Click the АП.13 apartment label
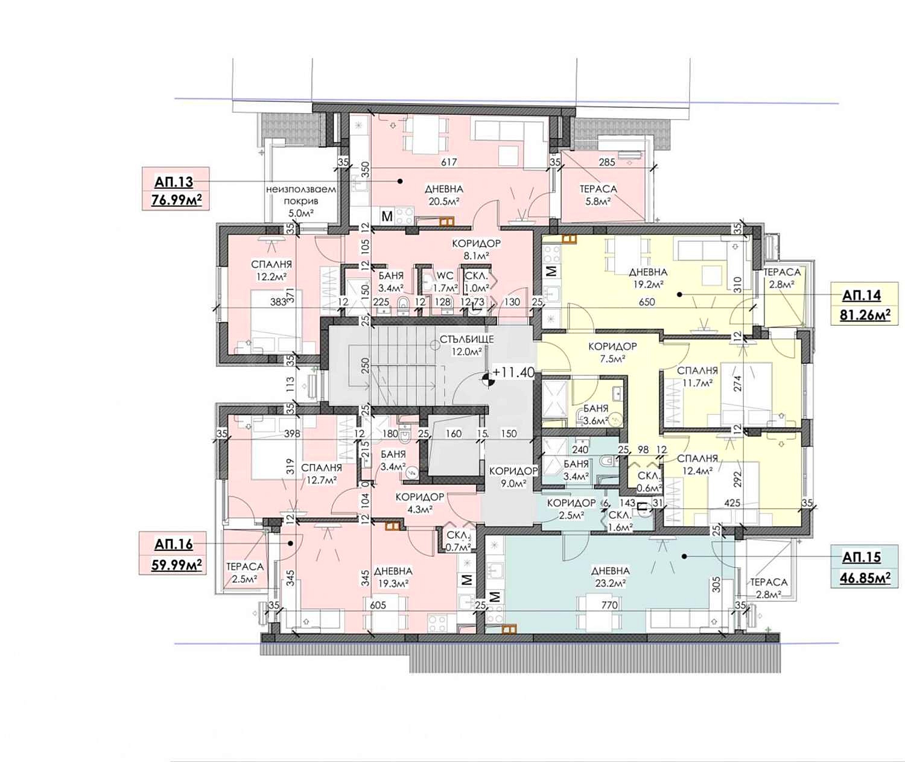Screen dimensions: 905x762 [x=174, y=182]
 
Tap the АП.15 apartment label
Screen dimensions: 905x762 [x=862, y=557]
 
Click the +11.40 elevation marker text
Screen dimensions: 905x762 [x=513, y=372]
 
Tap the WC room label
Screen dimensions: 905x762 [x=445, y=276]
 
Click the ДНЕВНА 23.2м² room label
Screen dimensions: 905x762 [x=609, y=577]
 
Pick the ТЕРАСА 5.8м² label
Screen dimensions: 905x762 [x=598, y=195]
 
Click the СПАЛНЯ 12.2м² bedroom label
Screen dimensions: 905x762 [x=271, y=270]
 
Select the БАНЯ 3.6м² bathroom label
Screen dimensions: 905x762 [x=595, y=414]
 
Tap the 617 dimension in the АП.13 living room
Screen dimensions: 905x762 [x=449, y=162]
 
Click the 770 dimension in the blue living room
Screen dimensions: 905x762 [x=609, y=605]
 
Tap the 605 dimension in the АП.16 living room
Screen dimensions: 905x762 [x=378, y=605]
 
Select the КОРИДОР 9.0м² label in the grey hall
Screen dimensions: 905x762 [x=513, y=477]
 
